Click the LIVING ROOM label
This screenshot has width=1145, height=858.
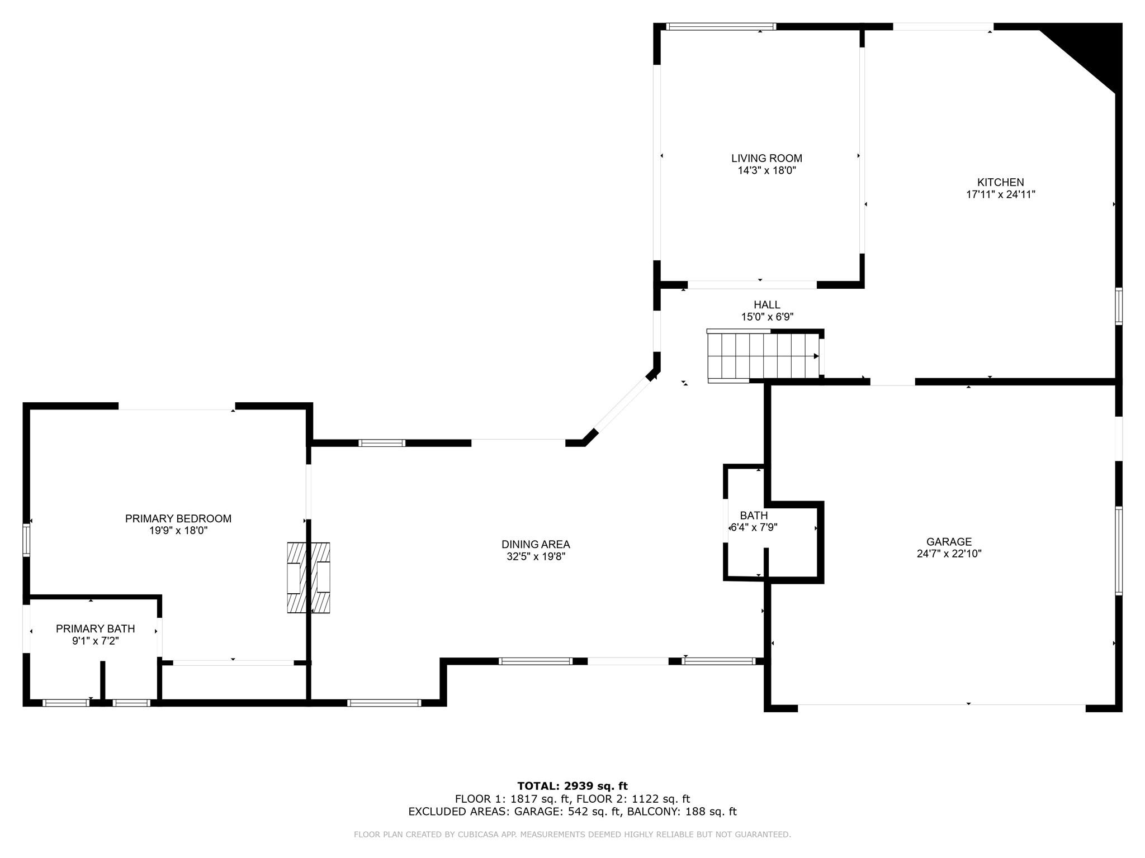pos(767,158)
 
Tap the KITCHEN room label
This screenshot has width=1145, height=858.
pos(1000,182)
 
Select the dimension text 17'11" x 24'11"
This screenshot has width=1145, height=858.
pos(1000,194)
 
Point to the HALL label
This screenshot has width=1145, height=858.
pos(767,304)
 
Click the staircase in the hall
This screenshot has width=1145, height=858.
pos(763,356)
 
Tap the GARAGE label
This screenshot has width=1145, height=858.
pos(949,541)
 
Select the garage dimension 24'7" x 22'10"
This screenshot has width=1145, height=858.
pos(949,554)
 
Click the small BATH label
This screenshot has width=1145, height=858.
pos(754,515)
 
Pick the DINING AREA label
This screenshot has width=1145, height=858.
pos(536,544)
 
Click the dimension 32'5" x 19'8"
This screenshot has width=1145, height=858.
pos(536,556)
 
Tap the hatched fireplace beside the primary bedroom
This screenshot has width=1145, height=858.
pos(309,578)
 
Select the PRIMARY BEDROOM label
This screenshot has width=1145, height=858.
pos(178,518)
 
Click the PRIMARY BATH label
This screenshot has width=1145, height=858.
pos(95,628)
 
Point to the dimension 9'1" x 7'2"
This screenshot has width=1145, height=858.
pos(95,641)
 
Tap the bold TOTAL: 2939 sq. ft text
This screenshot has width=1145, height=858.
pos(572,786)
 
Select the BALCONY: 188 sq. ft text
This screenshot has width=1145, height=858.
pos(682,812)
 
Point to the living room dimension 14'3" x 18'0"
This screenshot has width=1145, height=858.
pos(767,170)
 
